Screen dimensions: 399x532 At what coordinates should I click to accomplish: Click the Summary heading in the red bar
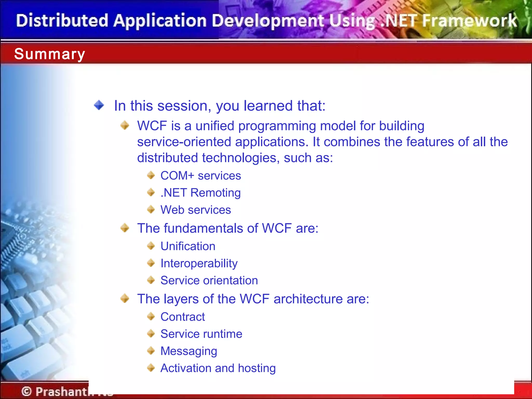[x=50, y=54]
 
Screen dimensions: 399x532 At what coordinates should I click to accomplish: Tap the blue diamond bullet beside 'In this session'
[x=99, y=105]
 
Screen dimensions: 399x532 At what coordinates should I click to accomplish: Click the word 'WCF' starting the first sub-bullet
[x=152, y=126]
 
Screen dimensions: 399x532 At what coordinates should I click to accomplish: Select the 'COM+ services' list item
[x=201, y=176]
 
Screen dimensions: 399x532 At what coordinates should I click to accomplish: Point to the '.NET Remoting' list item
[x=201, y=193]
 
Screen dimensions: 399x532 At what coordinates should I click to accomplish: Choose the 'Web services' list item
[x=196, y=210]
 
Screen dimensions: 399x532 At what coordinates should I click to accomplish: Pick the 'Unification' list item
[x=188, y=246]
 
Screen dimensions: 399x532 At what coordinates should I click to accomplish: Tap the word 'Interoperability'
[x=199, y=263]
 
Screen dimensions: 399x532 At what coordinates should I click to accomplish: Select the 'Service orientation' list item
[x=209, y=281]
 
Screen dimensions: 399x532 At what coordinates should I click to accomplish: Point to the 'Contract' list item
[x=183, y=317]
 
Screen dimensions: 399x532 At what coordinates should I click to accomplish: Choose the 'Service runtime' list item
[x=201, y=334]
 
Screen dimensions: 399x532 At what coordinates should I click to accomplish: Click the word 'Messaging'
[x=189, y=351]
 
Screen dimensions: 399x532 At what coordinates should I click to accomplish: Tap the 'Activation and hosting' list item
[x=218, y=368]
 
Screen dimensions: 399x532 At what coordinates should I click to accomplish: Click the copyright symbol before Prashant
[x=26, y=391]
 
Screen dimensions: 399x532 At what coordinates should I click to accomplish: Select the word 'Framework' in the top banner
[x=470, y=21]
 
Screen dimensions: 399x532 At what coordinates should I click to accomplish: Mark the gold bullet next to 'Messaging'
[x=151, y=351]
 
